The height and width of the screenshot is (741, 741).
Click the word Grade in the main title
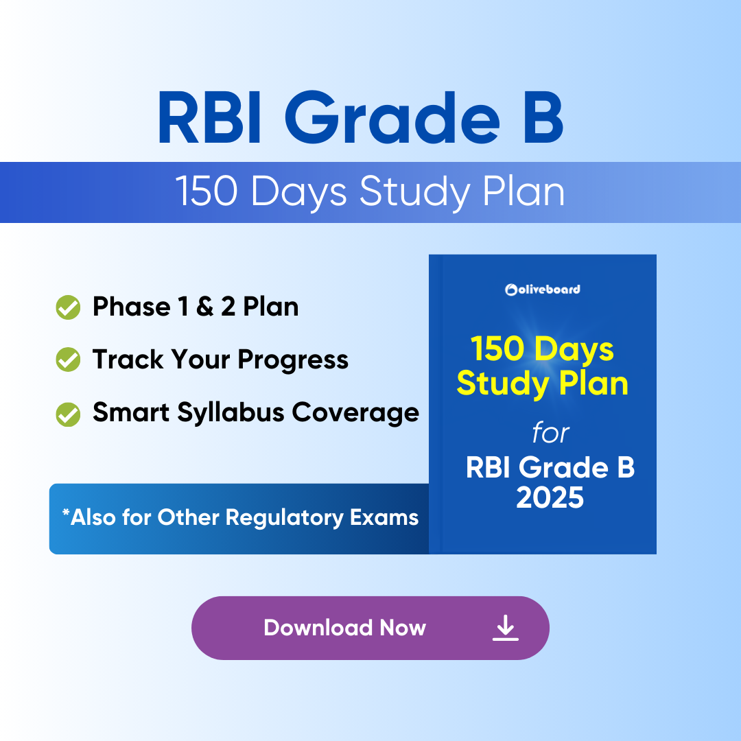pyautogui.click(x=392, y=117)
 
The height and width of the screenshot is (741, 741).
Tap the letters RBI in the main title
pyautogui.click(x=209, y=117)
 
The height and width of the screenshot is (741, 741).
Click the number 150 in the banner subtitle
pyautogui.click(x=206, y=191)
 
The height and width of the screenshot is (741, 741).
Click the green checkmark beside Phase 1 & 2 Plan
pyautogui.click(x=68, y=307)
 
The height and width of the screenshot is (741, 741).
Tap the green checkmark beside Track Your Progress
pyautogui.click(x=68, y=360)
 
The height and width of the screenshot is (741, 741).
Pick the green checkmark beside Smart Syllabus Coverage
pyautogui.click(x=68, y=414)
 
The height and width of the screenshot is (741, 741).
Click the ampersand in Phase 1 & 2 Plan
pyautogui.click(x=204, y=307)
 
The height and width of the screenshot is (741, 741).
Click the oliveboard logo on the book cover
pyautogui.click(x=543, y=290)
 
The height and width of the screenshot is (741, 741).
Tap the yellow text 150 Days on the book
pyautogui.click(x=542, y=349)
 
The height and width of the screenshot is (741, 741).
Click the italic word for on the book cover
pyautogui.click(x=550, y=432)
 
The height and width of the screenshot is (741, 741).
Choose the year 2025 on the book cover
pyautogui.click(x=550, y=497)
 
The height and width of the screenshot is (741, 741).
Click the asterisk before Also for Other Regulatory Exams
pyautogui.click(x=66, y=513)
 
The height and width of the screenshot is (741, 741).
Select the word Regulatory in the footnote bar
pyautogui.click(x=285, y=518)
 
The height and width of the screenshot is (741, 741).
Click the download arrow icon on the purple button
pyautogui.click(x=506, y=628)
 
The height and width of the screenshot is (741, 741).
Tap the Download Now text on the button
pyautogui.click(x=345, y=628)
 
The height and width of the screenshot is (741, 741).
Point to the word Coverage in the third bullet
pyautogui.click(x=355, y=413)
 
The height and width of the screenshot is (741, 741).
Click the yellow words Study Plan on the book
pyautogui.click(x=543, y=384)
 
